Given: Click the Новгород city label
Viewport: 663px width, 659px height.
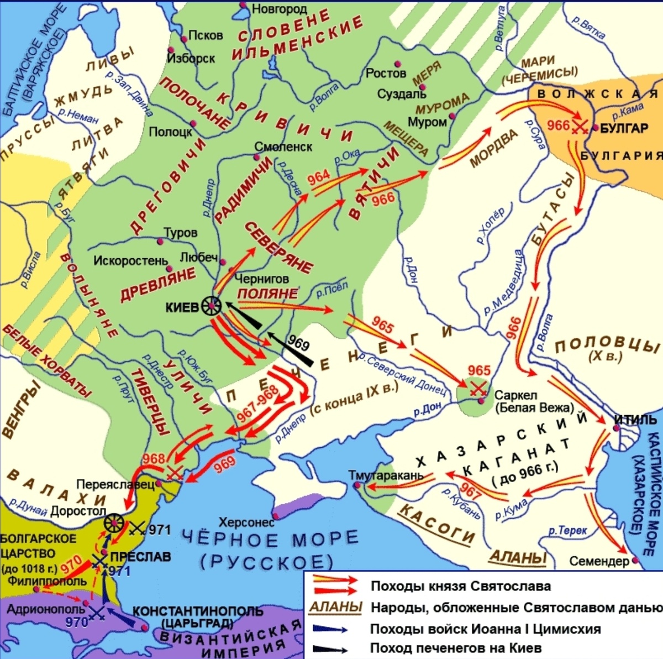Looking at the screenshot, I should (x=279, y=9).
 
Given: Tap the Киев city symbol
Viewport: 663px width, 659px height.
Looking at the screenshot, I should (x=211, y=305).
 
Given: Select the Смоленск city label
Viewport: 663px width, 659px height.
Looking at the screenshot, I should (x=283, y=147).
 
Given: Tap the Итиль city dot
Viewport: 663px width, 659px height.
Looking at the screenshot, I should (x=617, y=428).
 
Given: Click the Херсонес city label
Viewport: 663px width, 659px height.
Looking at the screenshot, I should (x=246, y=522).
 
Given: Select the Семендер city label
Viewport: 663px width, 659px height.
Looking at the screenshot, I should (x=599, y=561).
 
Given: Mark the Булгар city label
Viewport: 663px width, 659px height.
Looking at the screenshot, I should (x=624, y=128).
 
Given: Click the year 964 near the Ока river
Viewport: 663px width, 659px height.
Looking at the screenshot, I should (x=319, y=177).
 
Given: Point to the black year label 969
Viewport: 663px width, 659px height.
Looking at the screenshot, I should (x=298, y=344).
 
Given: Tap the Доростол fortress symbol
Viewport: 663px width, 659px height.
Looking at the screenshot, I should (x=114, y=522).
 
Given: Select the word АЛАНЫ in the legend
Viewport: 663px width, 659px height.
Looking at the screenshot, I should (x=335, y=608).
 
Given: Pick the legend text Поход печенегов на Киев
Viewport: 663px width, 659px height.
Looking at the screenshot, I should (x=455, y=648).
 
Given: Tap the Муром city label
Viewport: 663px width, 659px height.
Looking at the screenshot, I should (x=427, y=122).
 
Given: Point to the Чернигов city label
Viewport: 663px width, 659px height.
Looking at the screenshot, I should (x=261, y=279).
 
